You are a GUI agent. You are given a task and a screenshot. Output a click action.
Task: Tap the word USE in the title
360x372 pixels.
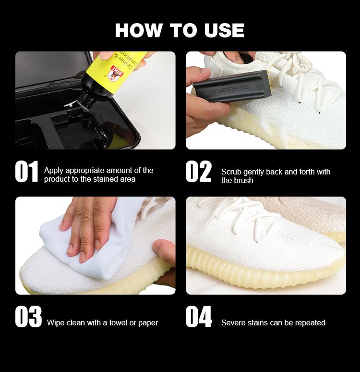coord(224,30)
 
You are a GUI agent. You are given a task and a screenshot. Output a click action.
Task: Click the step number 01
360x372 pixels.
coord(26,171)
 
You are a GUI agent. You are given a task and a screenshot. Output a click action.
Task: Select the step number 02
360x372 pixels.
coord(198,171)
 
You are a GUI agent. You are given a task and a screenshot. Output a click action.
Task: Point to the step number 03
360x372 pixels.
coord(28,316)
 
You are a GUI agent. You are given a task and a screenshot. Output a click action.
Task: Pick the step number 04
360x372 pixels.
coord(199,316)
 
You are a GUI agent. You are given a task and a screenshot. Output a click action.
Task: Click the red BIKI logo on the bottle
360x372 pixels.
coord(116,73)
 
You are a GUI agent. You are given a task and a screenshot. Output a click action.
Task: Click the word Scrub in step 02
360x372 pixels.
coord(231,172)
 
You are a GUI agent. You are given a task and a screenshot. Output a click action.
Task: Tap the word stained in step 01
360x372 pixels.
coord(104,179)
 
